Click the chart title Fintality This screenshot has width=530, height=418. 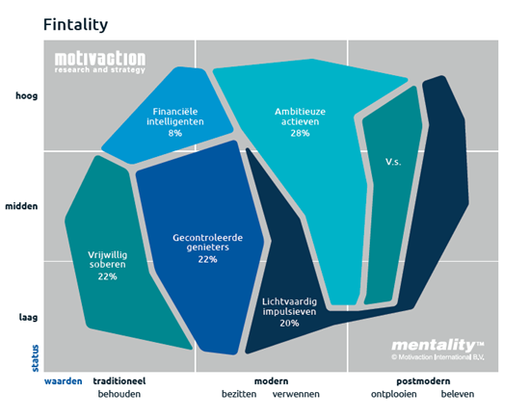coord(75,23)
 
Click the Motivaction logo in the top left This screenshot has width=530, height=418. coord(99,60)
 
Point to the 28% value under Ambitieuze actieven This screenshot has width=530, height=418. coord(300,134)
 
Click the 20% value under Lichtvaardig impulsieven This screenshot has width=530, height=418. coord(288,324)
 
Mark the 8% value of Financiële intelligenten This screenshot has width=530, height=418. coord(175,133)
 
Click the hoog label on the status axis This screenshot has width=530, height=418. coord(26,95)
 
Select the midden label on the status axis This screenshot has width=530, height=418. coord(23,206)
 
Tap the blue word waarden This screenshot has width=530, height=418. coord(63,380)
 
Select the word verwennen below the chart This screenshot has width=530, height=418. coord(297,394)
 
